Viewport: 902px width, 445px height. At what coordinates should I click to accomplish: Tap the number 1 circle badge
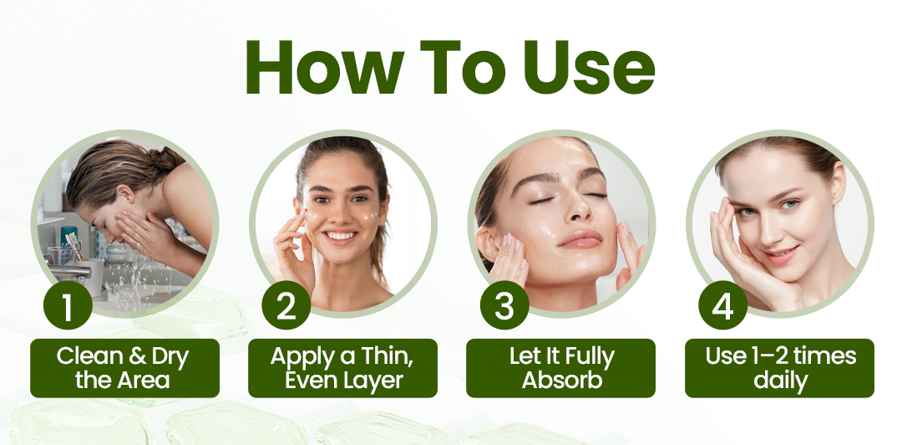click(68, 305)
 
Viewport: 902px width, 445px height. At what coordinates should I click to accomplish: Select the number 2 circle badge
click(286, 305)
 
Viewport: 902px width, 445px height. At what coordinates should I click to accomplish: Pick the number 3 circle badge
click(504, 305)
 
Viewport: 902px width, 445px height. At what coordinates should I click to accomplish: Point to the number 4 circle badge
click(723, 305)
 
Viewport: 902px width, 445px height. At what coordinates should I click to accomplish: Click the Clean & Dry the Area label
click(124, 368)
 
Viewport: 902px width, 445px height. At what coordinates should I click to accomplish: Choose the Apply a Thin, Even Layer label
click(343, 368)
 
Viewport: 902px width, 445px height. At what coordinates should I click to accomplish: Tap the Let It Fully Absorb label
click(561, 368)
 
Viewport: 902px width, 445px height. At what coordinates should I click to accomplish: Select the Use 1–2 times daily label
click(779, 368)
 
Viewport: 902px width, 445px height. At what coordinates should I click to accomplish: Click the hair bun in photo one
click(165, 156)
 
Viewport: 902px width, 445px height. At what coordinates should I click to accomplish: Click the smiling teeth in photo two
click(341, 235)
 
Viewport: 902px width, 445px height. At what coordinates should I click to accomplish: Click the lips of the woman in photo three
click(580, 238)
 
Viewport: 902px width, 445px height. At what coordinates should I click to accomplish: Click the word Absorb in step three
click(561, 381)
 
